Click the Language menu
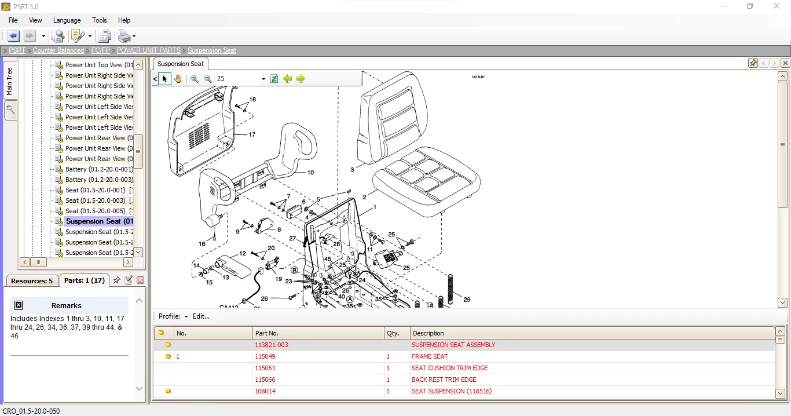click(x=67, y=20)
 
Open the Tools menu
click(x=100, y=20)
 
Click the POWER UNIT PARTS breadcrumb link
click(x=149, y=50)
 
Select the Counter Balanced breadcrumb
click(x=58, y=50)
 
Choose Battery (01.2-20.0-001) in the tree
click(x=98, y=169)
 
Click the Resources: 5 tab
click(x=32, y=281)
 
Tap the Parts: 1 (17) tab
click(x=85, y=280)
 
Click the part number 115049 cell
click(x=265, y=356)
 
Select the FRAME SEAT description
click(x=430, y=356)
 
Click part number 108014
click(x=265, y=391)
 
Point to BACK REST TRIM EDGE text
click(x=444, y=379)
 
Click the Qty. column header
click(x=393, y=333)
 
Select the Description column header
click(x=429, y=333)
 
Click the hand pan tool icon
click(x=178, y=79)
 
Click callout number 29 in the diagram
click(x=467, y=300)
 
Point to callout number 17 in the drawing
click(x=252, y=134)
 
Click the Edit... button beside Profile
click(x=201, y=316)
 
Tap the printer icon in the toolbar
click(x=124, y=37)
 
